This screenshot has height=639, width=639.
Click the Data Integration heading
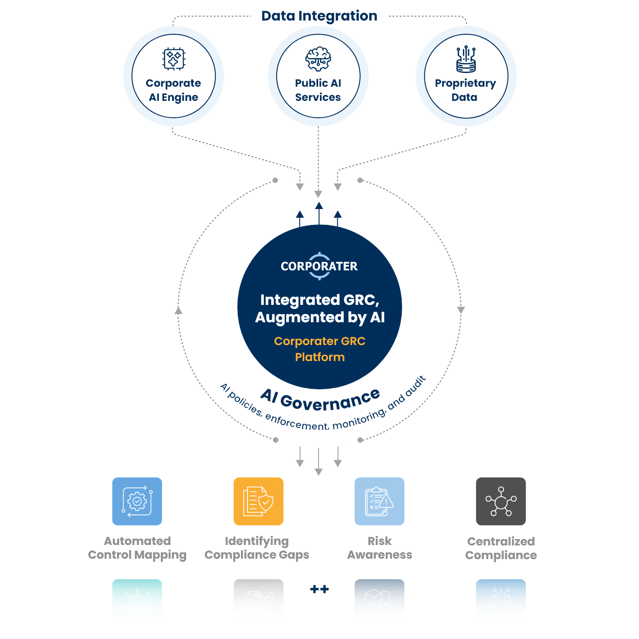click(x=319, y=16)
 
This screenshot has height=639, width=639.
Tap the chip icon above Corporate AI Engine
click(x=174, y=58)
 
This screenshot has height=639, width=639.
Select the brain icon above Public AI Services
click(x=318, y=59)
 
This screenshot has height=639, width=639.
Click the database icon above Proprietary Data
click(x=466, y=59)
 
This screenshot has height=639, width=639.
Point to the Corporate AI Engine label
click(x=173, y=90)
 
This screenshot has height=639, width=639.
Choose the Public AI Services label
click(x=318, y=90)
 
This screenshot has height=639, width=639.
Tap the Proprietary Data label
click(x=465, y=90)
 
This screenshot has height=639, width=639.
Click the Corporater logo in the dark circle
click(x=319, y=266)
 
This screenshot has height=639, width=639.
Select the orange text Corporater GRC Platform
click(x=319, y=349)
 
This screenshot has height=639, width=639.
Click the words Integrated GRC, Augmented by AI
click(x=319, y=308)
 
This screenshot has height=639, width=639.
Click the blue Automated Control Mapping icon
click(x=137, y=501)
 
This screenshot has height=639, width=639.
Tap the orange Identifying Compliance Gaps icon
click(x=258, y=501)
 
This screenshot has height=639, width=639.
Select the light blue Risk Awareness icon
click(x=379, y=501)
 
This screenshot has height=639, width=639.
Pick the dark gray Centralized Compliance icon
click(x=501, y=501)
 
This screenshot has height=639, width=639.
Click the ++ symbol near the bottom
click(x=319, y=589)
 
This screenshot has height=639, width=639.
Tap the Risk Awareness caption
click(x=379, y=548)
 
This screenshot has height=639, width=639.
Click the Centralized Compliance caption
click(x=501, y=548)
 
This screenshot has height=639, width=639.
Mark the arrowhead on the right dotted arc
click(x=461, y=310)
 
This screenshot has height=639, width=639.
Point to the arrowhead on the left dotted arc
click(x=178, y=310)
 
